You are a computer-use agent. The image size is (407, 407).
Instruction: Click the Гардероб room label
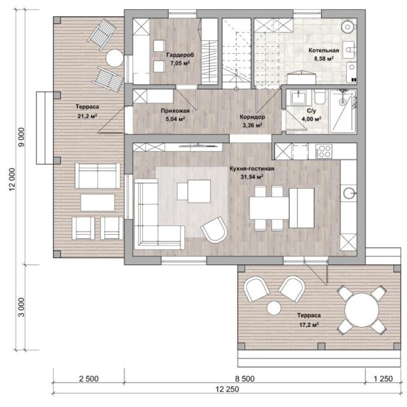pyautogui.click(x=180, y=55)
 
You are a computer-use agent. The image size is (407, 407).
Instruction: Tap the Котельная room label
pyautogui.click(x=324, y=50)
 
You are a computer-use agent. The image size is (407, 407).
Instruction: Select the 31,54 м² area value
pyautogui.click(x=252, y=177)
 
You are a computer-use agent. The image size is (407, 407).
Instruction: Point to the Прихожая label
pyautogui.click(x=175, y=111)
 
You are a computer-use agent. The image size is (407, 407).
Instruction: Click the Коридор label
pyautogui.click(x=252, y=117)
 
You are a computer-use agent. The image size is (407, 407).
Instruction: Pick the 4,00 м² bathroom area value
pyautogui.click(x=311, y=119)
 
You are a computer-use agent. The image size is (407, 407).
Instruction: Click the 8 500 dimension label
pyautogui.click(x=245, y=379)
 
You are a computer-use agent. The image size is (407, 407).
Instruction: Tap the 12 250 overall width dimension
pyautogui.click(x=227, y=389)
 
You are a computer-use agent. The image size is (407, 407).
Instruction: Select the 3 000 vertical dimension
pyautogui.click(x=22, y=307)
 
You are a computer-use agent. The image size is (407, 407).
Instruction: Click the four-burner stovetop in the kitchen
pyautogui.click(x=324, y=151)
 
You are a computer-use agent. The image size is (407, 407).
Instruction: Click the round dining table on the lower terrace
pyautogui.click(x=362, y=310)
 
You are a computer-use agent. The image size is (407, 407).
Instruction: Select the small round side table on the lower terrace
pyautogui.click(x=274, y=308)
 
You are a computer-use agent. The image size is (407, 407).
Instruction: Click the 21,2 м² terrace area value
pyautogui.click(x=87, y=116)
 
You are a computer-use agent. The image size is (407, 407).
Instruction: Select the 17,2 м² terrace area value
pyautogui.click(x=309, y=325)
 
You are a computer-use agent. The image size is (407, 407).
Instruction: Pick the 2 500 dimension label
pyautogui.click(x=89, y=379)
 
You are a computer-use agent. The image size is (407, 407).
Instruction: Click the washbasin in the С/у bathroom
pyautogui.click(x=298, y=98)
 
